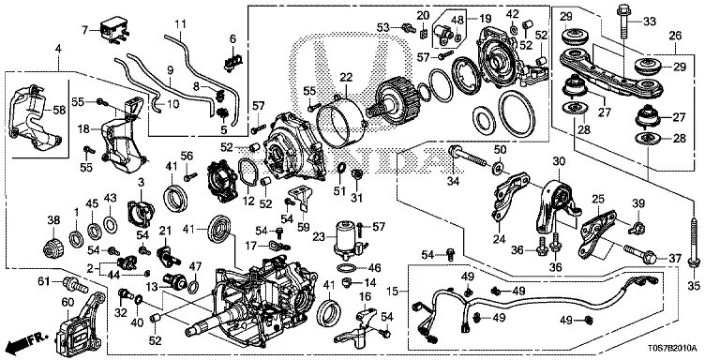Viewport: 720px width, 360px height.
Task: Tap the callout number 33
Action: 650,21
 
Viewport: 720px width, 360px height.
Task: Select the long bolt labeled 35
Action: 694,243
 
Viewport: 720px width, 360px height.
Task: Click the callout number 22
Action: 345,79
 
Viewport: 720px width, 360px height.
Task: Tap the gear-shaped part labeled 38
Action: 53,248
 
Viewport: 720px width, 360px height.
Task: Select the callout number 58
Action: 59,111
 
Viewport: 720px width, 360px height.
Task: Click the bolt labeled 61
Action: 76,285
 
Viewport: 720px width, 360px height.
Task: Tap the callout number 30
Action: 558,162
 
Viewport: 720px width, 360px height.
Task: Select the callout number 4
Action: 58,49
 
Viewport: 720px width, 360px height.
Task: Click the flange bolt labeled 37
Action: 639,254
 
